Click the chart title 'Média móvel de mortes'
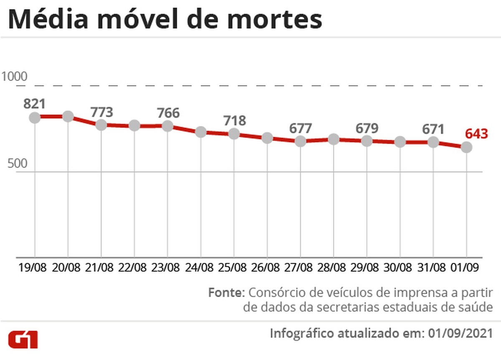165,19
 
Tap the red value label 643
476,134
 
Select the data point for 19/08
35,117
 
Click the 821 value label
34,104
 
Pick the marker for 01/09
466,147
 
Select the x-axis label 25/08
234,267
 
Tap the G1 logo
23,340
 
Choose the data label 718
234,121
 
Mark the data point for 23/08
167,126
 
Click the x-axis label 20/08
68,267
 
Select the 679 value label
367,128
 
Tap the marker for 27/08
300,141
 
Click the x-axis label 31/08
433,267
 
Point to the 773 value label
102,112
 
